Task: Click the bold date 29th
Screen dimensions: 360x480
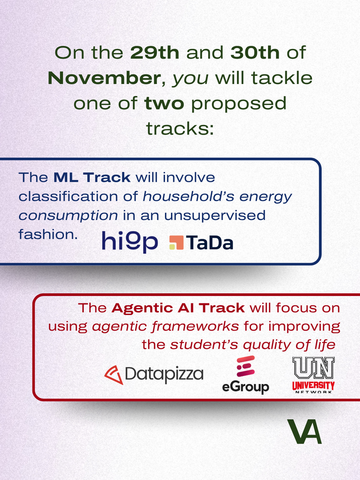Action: [155, 52]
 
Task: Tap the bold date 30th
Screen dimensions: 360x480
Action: [255, 52]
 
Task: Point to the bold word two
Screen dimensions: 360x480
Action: [164, 104]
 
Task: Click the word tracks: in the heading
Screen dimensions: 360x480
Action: [180, 128]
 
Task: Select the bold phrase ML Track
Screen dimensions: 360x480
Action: [92, 177]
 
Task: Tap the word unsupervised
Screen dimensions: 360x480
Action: [215, 215]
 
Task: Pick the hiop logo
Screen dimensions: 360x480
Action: [130, 242]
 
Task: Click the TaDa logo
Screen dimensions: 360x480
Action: [201, 243]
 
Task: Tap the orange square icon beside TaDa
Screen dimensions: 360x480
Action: [176, 243]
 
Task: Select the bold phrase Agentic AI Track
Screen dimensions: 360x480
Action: [178, 308]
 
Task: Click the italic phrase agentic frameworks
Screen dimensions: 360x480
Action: [165, 327]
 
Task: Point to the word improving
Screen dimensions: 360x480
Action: [304, 327]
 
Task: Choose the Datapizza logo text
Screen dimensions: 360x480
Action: [164, 375]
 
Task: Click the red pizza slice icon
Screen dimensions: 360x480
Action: [114, 375]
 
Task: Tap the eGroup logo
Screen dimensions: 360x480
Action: [245, 375]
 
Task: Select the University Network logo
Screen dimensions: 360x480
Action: [313, 375]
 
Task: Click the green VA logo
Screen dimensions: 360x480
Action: [304, 431]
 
